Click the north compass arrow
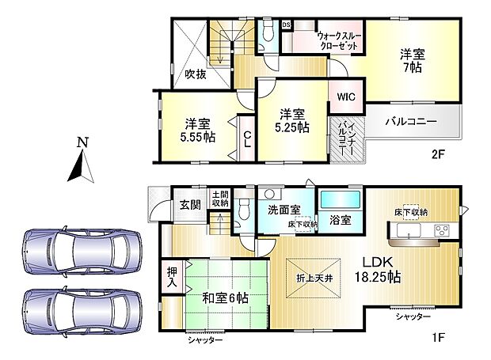click(81, 165)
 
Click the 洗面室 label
click(283, 210)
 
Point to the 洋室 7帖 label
click(412, 62)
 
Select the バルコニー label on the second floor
click(411, 123)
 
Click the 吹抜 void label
click(196, 74)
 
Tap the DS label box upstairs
click(286, 25)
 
